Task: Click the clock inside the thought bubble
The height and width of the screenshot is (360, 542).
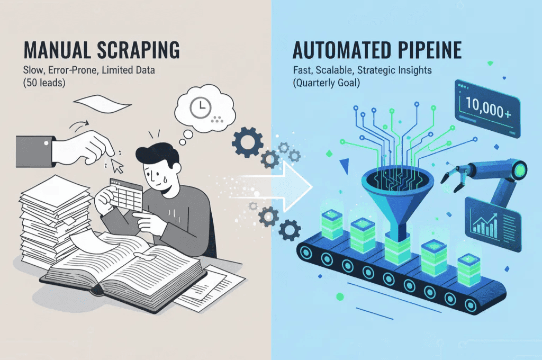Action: click(200, 109)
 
